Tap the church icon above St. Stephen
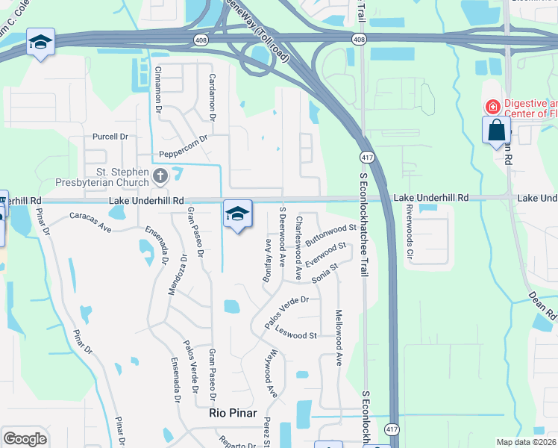(159, 177)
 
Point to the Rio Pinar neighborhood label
(233, 413)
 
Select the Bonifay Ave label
(267, 255)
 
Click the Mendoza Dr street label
(178, 274)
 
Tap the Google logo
(25, 439)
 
